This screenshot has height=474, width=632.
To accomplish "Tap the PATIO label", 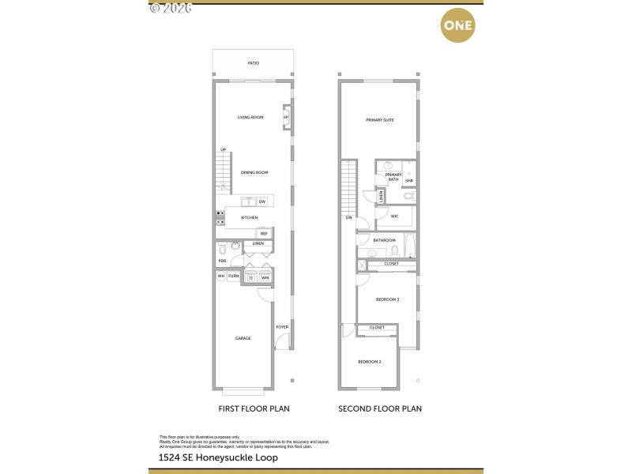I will (253, 63).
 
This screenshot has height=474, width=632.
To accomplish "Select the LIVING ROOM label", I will (250, 118).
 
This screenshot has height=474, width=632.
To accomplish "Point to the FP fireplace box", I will (286, 118).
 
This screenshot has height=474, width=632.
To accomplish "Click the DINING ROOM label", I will (254, 172).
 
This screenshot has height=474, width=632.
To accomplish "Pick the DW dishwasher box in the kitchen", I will (261, 202).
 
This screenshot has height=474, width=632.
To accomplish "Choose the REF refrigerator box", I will (263, 233).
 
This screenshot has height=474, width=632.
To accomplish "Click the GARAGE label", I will (243, 338).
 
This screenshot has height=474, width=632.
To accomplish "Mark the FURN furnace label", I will (234, 276).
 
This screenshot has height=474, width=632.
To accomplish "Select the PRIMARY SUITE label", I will (379, 120).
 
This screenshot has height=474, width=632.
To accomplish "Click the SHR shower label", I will (409, 181).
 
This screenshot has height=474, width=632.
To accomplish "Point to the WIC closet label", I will (393, 216).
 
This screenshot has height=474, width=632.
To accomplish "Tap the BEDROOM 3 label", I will (387, 299).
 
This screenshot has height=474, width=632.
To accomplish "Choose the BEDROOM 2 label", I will (370, 362).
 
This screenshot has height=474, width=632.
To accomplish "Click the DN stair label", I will (348, 217).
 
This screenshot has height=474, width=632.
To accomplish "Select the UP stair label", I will (224, 149).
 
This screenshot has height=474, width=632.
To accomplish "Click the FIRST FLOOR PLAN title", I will (254, 409).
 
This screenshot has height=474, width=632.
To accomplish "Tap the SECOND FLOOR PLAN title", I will (379, 409).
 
